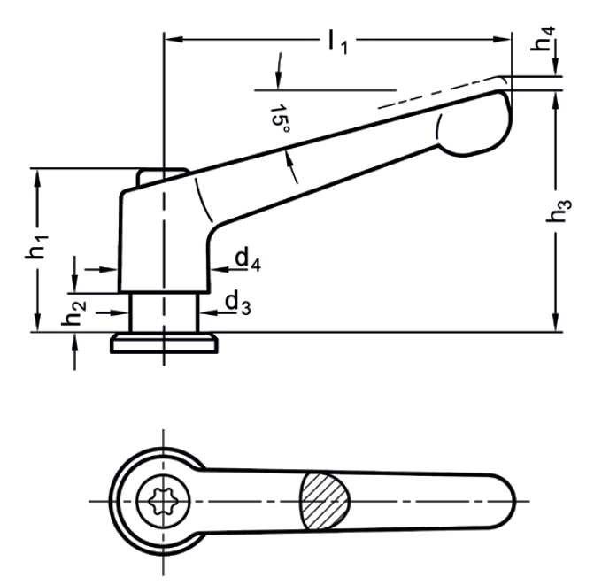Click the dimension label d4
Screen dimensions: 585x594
(247, 259)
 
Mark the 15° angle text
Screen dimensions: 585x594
(282, 120)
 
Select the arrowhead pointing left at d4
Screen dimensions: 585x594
(217, 267)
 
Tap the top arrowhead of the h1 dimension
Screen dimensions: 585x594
(38, 173)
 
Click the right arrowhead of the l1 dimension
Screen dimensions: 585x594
(507, 38)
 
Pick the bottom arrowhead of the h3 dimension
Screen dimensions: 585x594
(554, 327)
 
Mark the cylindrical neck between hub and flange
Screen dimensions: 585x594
(163, 312)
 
